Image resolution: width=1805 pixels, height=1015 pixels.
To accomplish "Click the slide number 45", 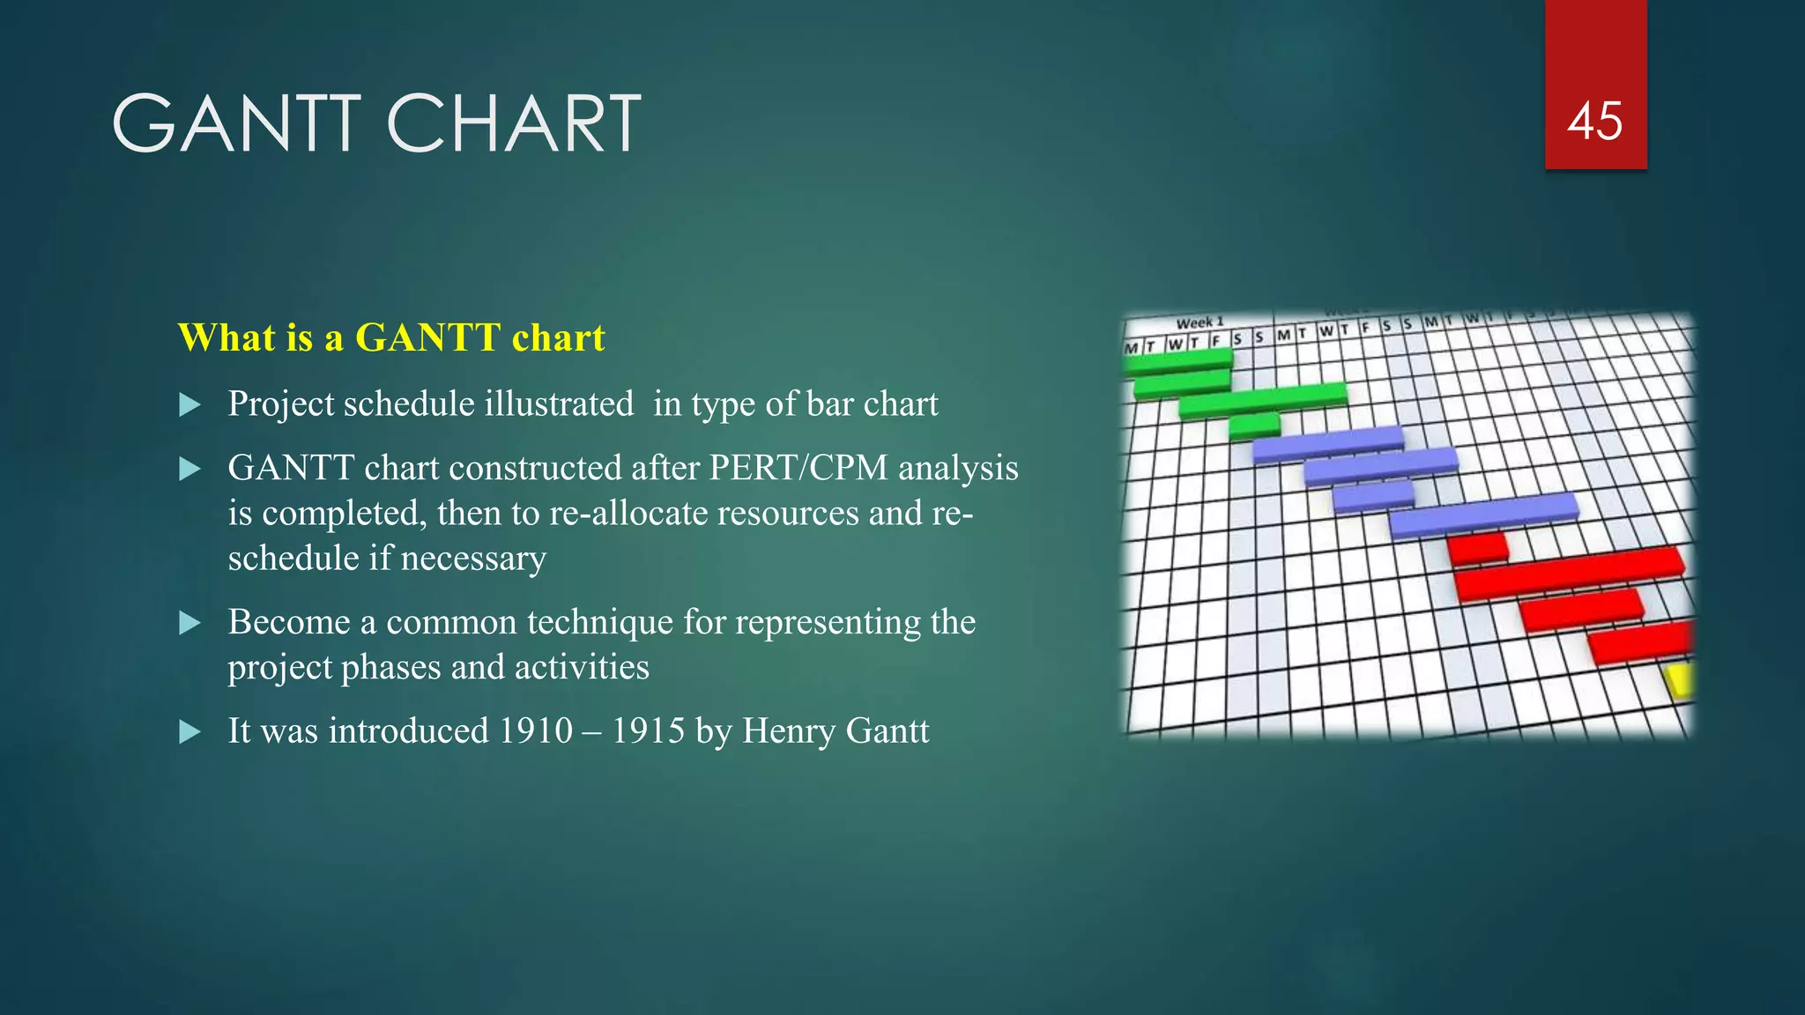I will click(x=1594, y=122).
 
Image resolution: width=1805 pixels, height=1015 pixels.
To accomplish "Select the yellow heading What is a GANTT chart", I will click(x=391, y=337).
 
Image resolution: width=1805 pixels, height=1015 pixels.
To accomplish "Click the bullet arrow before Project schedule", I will click(x=189, y=405).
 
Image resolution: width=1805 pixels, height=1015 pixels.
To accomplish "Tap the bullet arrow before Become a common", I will click(x=189, y=624).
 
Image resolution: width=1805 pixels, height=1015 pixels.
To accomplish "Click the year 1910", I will click(x=535, y=730).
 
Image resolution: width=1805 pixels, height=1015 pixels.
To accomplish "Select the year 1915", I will click(x=648, y=730).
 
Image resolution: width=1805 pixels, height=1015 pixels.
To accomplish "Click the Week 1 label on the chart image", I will click(x=1200, y=322).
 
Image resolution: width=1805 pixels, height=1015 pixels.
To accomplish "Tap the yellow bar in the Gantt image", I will click(x=1680, y=680).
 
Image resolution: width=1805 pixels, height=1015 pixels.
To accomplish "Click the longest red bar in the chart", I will click(x=1569, y=574).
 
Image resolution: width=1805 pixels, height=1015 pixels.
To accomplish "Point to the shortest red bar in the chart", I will click(x=1477, y=549).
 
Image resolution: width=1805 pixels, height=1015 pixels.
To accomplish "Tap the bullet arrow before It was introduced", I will click(x=189, y=732).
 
